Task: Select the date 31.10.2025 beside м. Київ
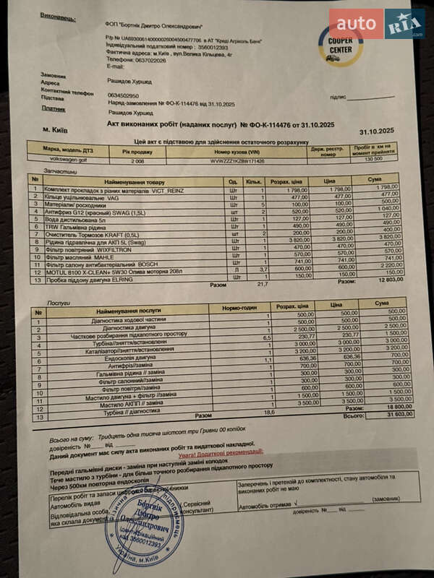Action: pyautogui.click(x=377, y=131)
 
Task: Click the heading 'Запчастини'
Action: pyautogui.click(x=41, y=172)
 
